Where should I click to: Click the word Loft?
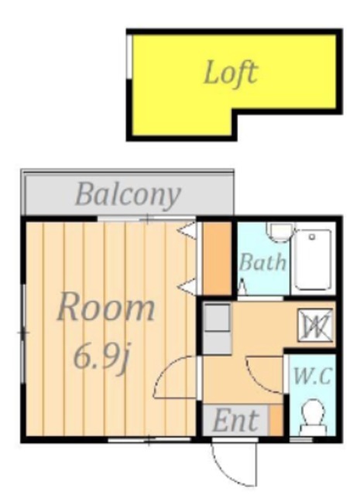231,73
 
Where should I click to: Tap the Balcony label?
128,195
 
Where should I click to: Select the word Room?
106,307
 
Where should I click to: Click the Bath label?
263,262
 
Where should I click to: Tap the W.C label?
313,377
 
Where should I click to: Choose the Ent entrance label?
235,421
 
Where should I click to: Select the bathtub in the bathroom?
313,260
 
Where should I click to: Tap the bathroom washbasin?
279,231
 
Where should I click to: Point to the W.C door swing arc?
259,380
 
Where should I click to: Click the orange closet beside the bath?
217,258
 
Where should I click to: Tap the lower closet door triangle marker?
187,287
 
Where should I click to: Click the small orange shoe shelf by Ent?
276,421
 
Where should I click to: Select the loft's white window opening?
129,56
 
